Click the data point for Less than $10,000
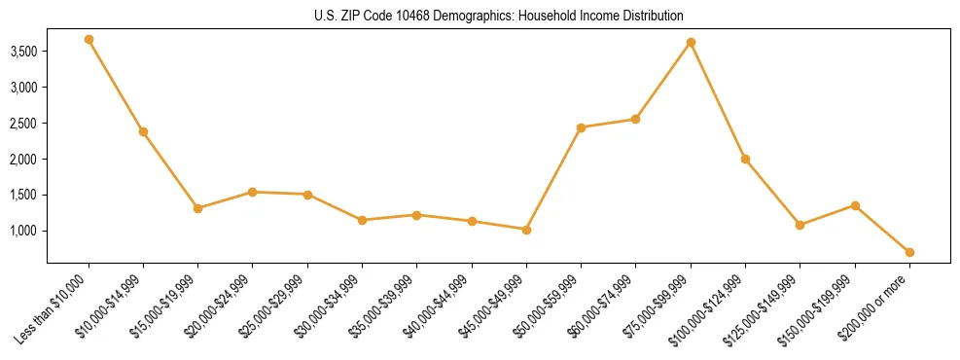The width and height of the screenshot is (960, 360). [89, 40]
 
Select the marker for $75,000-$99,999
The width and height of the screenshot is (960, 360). [691, 43]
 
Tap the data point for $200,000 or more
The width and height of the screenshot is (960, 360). [909, 252]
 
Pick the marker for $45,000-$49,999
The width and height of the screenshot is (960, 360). [526, 230]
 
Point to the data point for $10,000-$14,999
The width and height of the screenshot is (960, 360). [143, 131]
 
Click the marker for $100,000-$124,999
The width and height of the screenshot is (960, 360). [745, 159]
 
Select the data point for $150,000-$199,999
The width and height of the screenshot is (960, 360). [855, 205]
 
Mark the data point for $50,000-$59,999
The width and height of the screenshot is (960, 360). [581, 127]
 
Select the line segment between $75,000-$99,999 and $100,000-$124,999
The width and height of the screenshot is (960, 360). [718, 101]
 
